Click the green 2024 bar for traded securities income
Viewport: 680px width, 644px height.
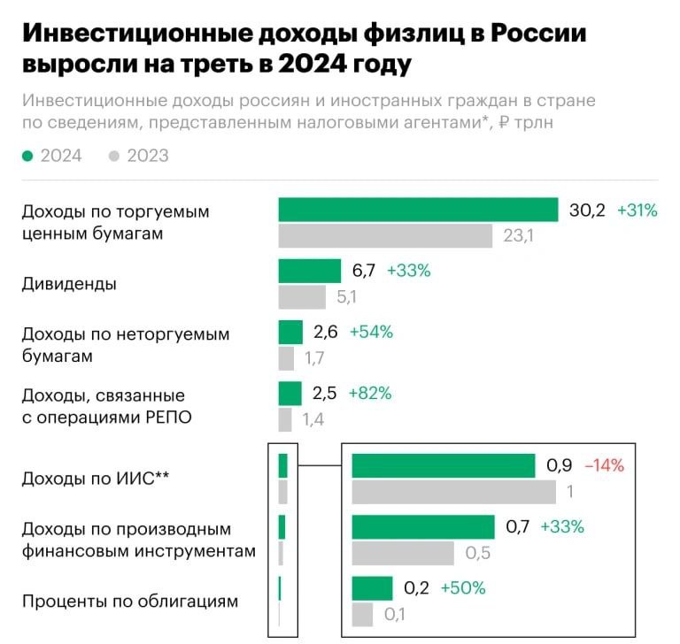(x=418, y=210)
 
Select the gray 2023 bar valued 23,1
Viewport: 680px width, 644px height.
(x=385, y=236)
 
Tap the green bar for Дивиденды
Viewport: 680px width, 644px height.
(x=309, y=271)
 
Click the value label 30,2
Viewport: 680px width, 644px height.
(x=587, y=211)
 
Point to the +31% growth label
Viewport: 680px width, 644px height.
(x=637, y=211)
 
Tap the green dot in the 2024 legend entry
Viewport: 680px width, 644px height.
(x=27, y=156)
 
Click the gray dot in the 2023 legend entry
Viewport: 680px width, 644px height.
(x=113, y=156)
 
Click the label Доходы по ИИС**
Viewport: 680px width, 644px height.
(x=96, y=479)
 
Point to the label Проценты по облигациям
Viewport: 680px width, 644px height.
(x=129, y=602)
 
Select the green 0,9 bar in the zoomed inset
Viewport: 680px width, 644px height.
(x=443, y=465)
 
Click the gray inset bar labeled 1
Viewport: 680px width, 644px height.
(x=453, y=492)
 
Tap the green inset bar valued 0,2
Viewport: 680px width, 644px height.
(x=372, y=588)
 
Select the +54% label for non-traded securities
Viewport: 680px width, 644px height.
(x=371, y=332)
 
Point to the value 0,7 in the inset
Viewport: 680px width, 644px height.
(x=517, y=527)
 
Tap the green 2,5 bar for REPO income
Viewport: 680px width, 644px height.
(x=290, y=393)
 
